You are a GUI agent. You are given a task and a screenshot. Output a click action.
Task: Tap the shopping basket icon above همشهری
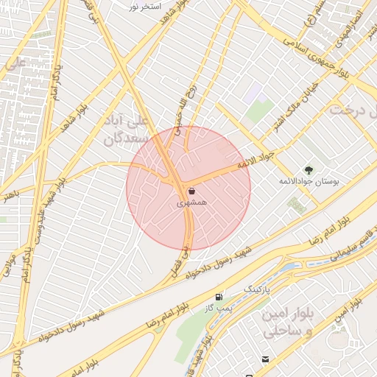point(182,190)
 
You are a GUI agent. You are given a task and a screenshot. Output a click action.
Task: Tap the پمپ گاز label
point(218,308)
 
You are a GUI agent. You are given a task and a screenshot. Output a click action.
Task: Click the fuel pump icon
point(218,297)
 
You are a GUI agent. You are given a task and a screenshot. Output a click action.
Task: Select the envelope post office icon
point(264,359)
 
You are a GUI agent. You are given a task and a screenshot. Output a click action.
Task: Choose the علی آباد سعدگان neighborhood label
point(127,128)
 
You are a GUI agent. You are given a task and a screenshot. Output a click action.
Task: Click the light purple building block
point(255,91)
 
